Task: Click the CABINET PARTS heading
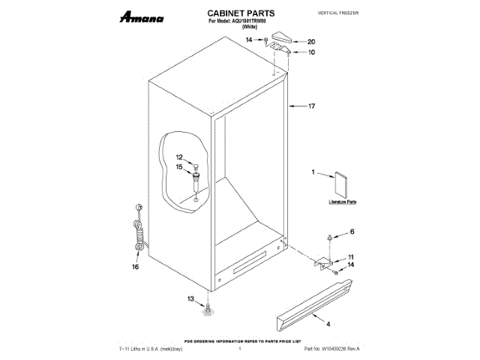240,13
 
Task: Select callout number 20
311,42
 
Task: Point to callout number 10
311,52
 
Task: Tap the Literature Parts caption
343,202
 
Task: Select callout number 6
352,233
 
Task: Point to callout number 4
328,323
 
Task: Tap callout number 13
190,298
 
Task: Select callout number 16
136,265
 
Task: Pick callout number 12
179,157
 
